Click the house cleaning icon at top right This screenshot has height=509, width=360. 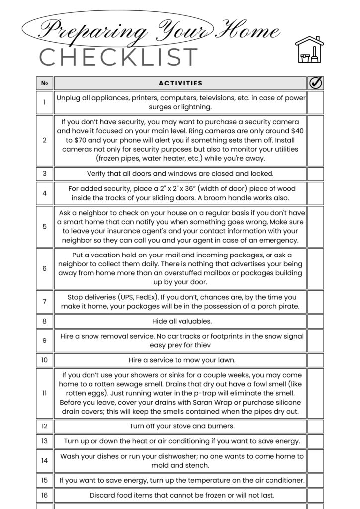309,49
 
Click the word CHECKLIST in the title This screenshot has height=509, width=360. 119,57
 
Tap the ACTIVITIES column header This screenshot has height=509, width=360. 180,83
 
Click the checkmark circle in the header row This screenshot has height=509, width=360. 316,83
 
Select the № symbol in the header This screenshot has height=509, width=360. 44,83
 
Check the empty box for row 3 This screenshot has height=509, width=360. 315,174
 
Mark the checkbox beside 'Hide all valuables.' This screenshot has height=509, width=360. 315,321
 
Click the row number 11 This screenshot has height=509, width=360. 44,393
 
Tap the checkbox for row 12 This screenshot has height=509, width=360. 315,426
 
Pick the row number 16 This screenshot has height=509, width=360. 44,495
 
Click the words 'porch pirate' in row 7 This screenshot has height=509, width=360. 278,306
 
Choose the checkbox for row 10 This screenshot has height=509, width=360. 315,360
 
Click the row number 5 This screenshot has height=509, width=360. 44,226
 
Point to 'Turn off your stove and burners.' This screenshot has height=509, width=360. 182,426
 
